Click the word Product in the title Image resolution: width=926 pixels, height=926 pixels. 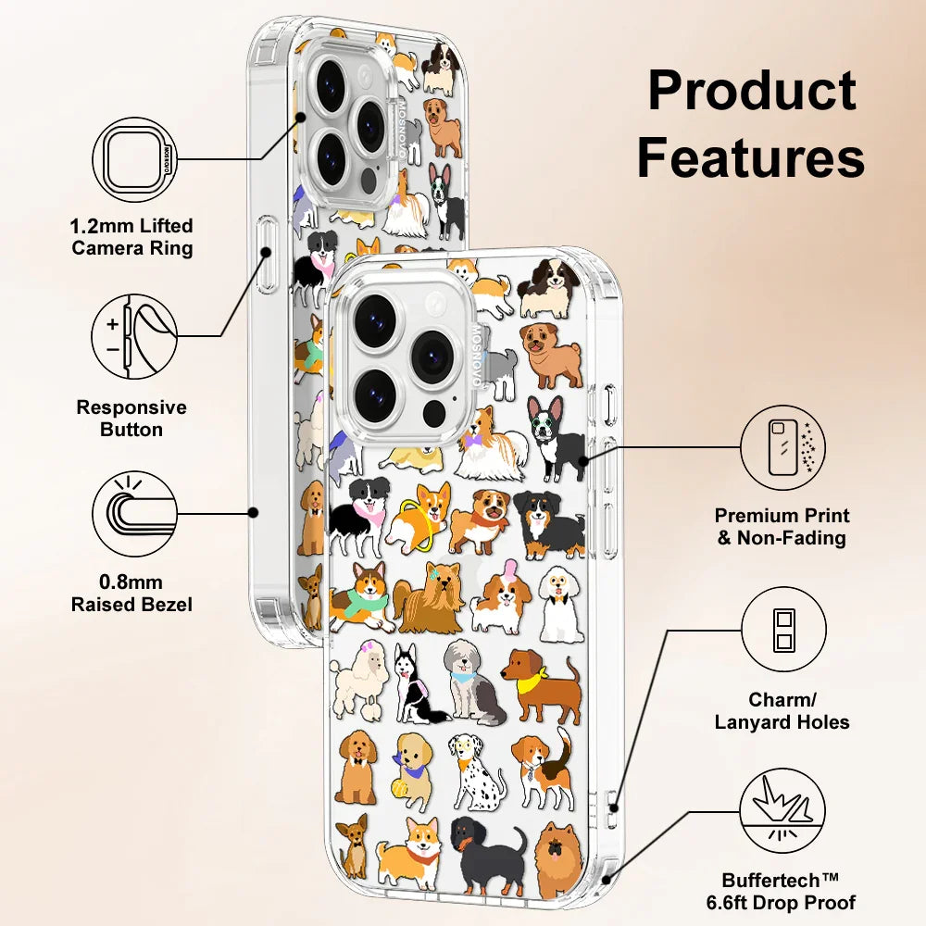tap(751, 91)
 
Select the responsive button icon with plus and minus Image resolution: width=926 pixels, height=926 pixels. tap(134, 336)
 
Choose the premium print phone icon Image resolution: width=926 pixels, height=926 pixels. tap(782, 447)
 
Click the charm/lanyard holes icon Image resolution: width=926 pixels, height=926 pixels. tap(782, 630)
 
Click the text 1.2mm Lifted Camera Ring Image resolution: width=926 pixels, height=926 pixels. tap(132, 237)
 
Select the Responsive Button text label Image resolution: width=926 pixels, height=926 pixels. tap(131, 419)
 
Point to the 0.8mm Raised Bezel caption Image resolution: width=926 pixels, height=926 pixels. tap(132, 594)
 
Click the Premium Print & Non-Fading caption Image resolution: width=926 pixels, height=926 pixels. tap(782, 527)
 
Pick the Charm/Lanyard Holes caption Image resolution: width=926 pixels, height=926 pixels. tap(782, 710)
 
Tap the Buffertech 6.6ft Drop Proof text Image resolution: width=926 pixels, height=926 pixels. tap(789, 892)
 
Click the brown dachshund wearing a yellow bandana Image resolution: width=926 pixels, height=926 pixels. tap(544, 689)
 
